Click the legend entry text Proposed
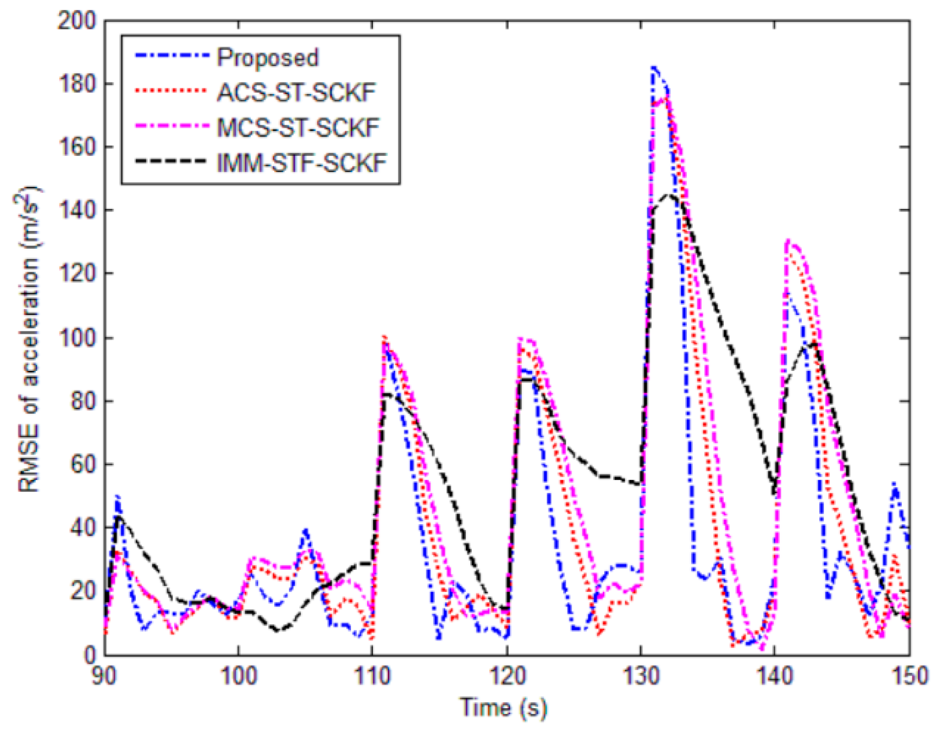267,58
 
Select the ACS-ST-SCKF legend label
296,93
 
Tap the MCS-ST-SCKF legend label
298,128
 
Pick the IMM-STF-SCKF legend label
302,162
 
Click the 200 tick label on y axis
77,21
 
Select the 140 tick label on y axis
77,210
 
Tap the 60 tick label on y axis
83,464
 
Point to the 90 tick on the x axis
104,677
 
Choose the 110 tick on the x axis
372,677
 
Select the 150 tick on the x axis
910,677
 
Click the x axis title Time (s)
503,708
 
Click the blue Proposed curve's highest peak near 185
654,68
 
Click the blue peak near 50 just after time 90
117,497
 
